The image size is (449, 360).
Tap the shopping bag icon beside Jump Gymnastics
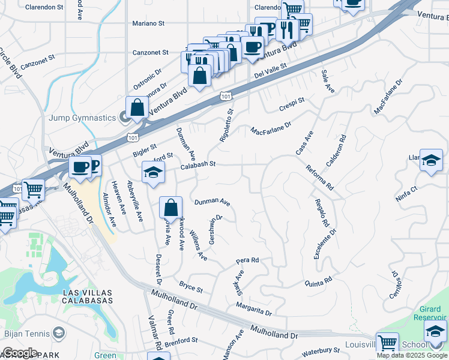point(137,108)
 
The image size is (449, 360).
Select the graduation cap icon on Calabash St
point(153,173)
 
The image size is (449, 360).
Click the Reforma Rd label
point(319,178)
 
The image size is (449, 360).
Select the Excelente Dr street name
point(325,239)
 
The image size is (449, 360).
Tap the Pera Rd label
point(247,261)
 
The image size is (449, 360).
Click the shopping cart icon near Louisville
point(387,344)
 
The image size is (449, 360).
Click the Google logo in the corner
point(19,353)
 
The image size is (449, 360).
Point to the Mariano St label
point(148,23)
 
